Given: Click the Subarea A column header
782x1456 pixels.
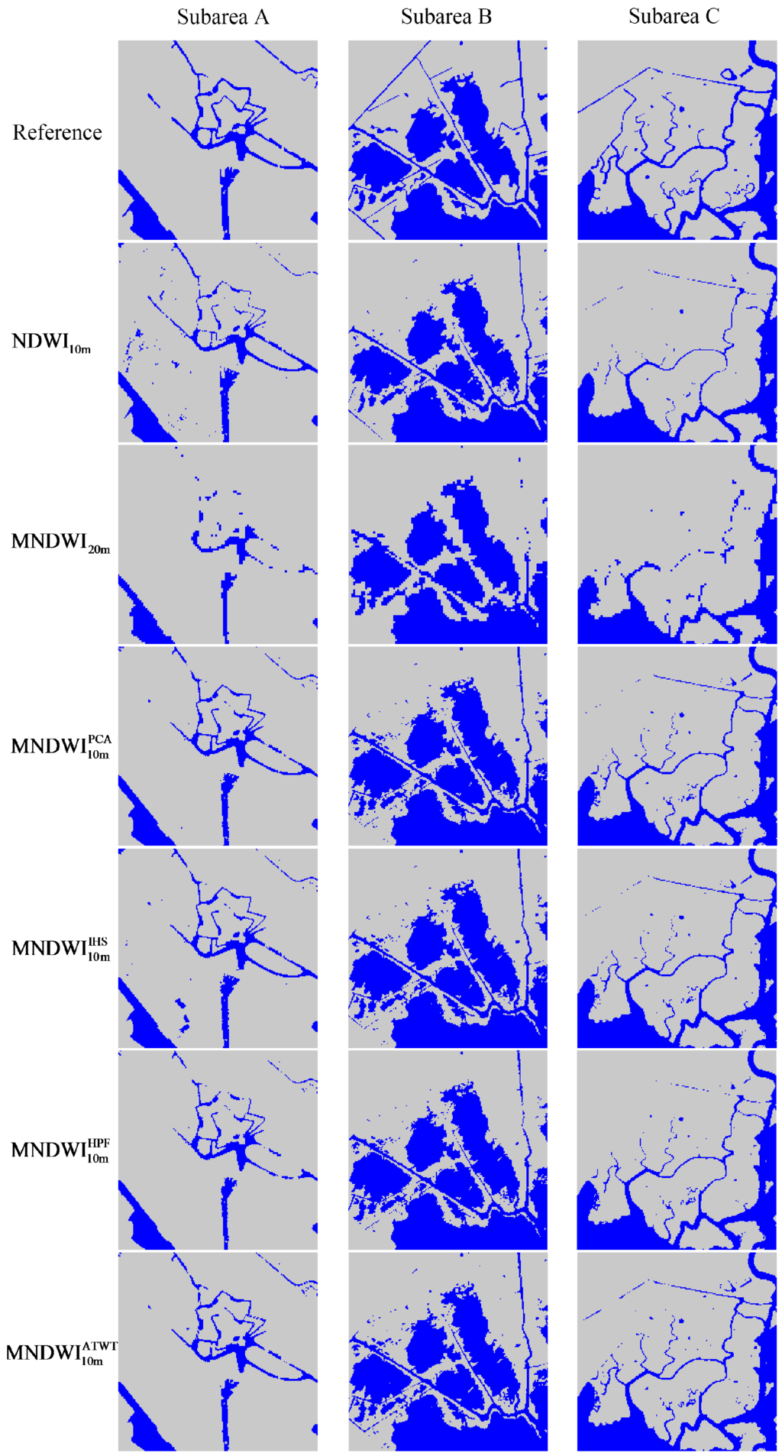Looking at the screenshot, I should click(223, 17).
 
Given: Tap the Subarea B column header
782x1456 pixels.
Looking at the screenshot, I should click(446, 17).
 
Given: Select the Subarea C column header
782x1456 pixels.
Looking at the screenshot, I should click(674, 17).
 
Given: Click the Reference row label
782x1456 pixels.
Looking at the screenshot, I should click(57, 133).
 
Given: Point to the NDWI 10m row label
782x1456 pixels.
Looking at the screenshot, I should click(51, 341).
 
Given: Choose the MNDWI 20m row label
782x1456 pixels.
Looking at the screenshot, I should click(60, 542).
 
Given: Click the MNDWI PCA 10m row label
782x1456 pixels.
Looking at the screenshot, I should click(61, 746).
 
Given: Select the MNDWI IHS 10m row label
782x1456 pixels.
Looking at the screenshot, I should click(61, 948).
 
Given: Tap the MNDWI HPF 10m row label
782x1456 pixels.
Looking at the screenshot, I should click(60, 1150).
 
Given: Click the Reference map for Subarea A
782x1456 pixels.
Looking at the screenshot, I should click(218, 140).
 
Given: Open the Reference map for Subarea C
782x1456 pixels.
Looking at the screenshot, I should click(677, 140).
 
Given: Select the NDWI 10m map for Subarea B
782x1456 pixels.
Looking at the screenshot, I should click(448, 342).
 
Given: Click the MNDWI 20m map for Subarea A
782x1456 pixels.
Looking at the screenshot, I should click(218, 544).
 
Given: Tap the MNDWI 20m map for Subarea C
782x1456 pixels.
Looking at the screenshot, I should click(677, 544).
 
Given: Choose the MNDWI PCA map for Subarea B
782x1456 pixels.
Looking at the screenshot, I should click(448, 746).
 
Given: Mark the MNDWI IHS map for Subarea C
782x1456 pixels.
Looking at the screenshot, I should click(677, 948).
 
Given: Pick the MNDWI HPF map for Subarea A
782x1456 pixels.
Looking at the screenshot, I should click(218, 1150).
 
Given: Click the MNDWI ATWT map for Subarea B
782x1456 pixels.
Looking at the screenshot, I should click(448, 1351).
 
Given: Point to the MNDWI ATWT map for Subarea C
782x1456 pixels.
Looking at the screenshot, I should click(677, 1351).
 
